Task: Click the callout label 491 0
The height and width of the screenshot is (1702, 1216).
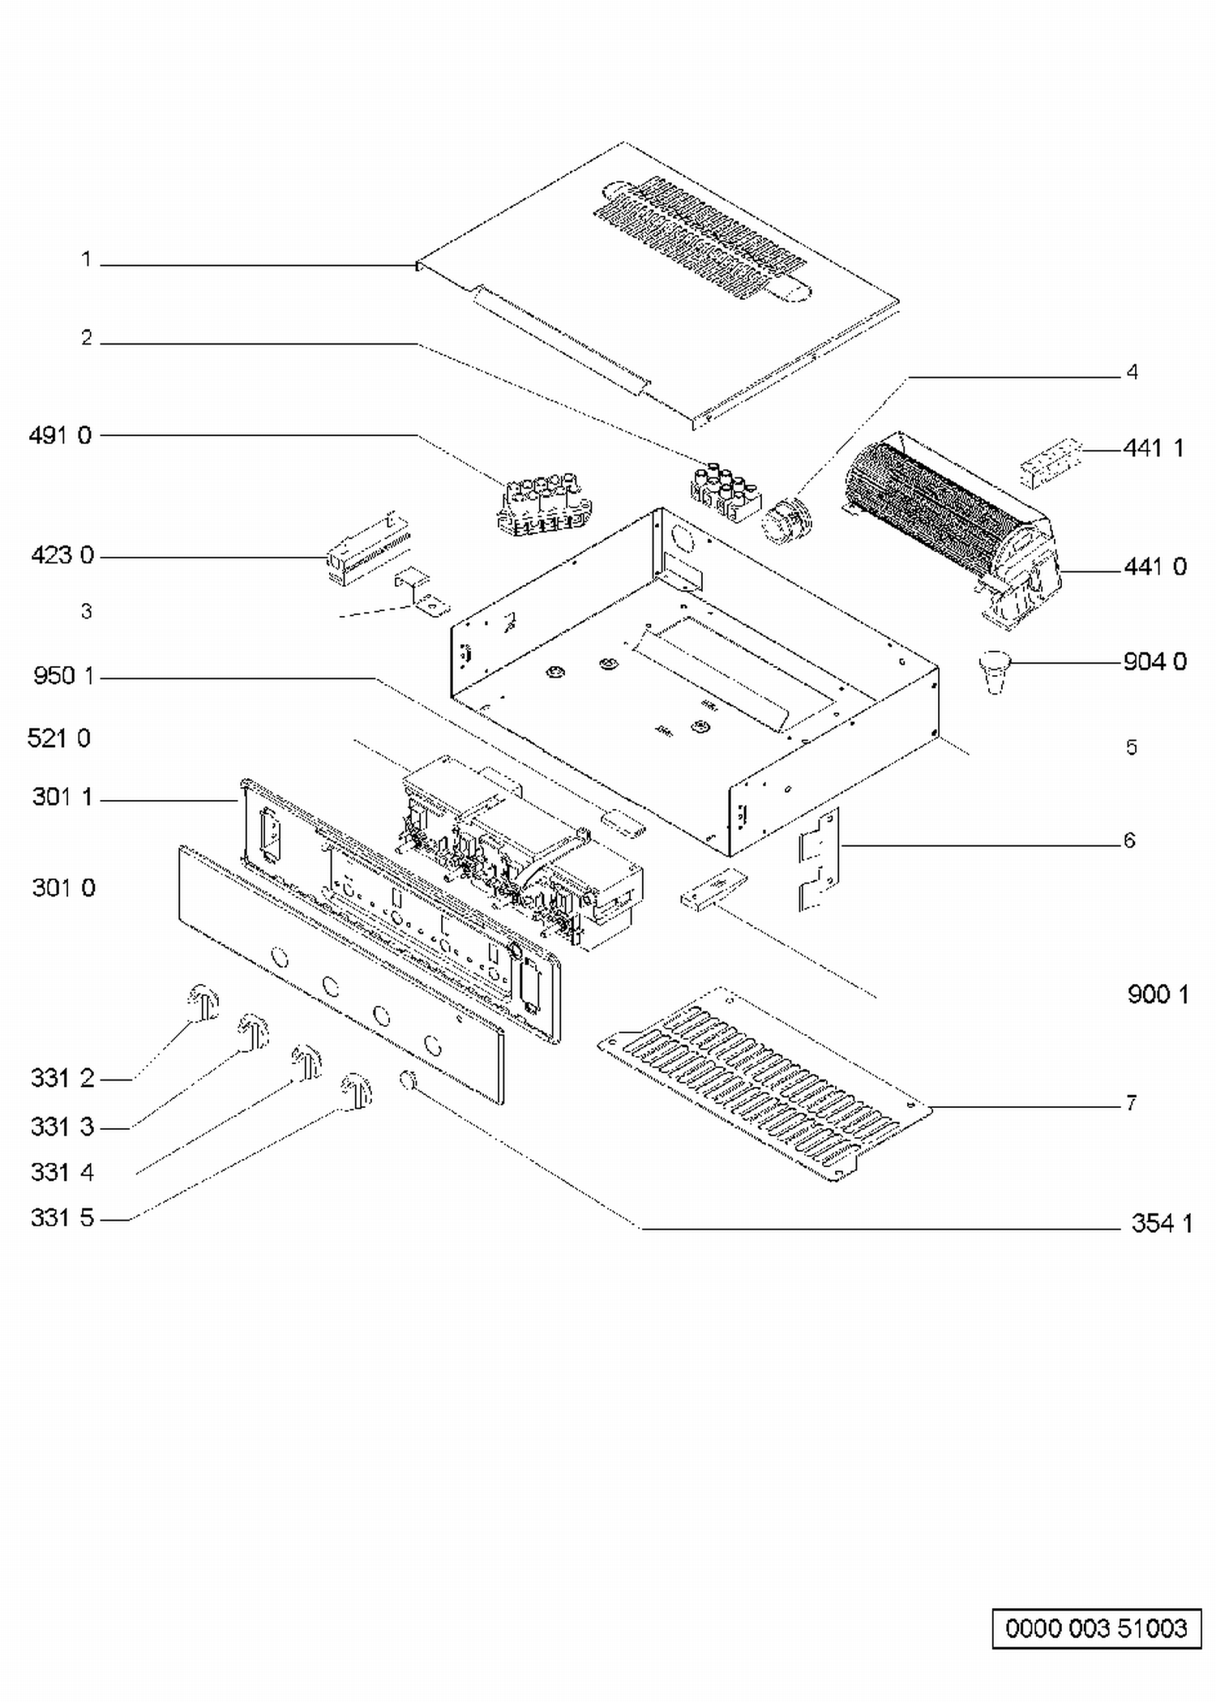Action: pos(60,436)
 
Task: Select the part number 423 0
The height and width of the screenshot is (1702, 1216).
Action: pos(62,556)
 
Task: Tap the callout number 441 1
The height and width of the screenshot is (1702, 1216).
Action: pos(1154,447)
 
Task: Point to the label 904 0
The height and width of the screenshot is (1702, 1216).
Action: pos(1155,662)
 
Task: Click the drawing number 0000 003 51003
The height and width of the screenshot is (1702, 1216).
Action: pos(1096,1628)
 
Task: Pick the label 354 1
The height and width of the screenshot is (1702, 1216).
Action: pos(1162,1223)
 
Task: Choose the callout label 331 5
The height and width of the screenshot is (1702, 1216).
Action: pos(62,1217)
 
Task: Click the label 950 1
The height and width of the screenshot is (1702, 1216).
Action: pos(64,676)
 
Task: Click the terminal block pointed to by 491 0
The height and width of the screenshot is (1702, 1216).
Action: pos(544,505)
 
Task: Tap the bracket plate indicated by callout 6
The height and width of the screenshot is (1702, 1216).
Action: pos(818,860)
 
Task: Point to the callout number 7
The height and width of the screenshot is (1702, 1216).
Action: pos(1131,1103)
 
